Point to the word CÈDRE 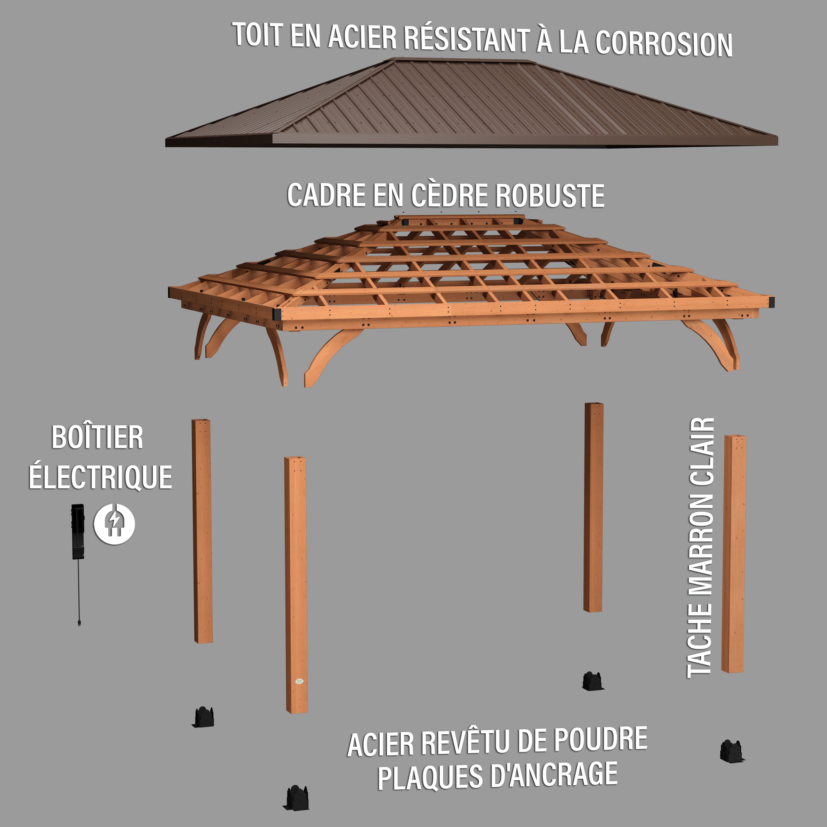449,195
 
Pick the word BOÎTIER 97,437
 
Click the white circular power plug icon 114,524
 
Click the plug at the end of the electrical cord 79,622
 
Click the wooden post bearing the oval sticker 296,585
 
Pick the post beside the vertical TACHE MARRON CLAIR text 734,553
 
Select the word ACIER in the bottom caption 381,744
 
